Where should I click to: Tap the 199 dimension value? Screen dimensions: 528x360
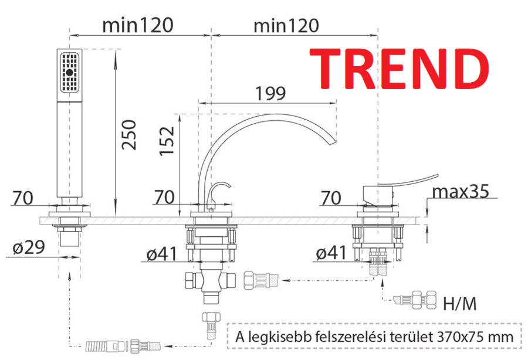270,94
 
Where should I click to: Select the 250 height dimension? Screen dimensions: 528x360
129,135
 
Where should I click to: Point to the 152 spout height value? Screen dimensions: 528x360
167,141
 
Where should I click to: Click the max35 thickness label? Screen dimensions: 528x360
461,192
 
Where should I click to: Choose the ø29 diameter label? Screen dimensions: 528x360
29,247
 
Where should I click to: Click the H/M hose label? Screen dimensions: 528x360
460,304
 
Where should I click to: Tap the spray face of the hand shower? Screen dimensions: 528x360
70,72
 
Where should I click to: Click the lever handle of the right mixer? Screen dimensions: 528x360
408,181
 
